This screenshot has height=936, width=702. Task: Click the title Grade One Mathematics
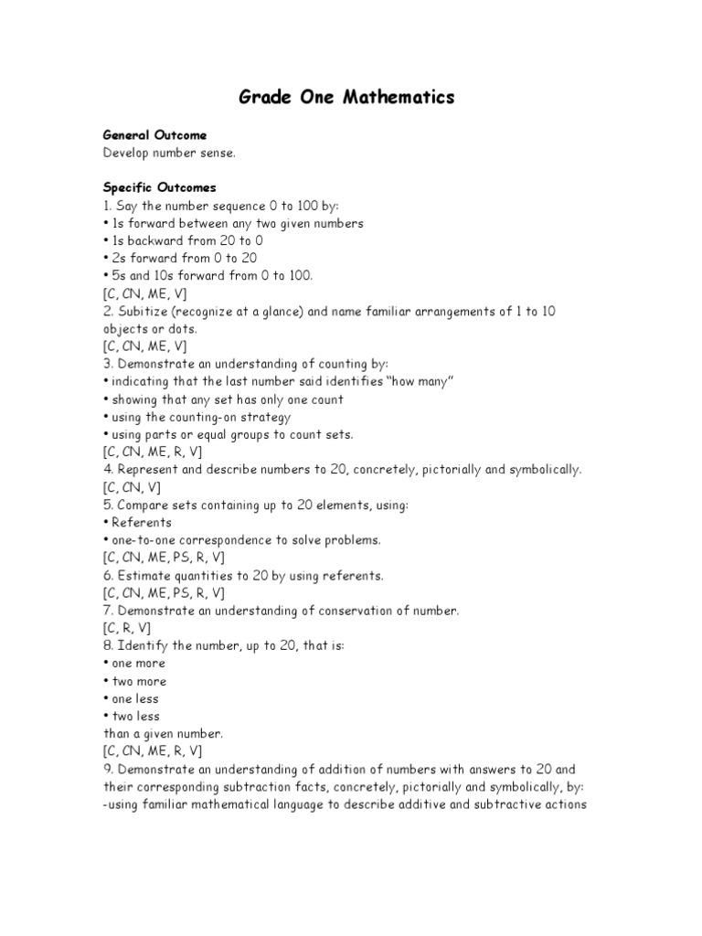[x=346, y=97]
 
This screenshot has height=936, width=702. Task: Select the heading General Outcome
[x=154, y=135]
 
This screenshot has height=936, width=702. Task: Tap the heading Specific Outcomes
[x=159, y=187]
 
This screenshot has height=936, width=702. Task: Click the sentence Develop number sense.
[x=169, y=153]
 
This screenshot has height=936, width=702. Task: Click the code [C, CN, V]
[x=133, y=487]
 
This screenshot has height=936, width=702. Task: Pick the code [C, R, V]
[x=127, y=628]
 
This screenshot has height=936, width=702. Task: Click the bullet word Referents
[x=141, y=523]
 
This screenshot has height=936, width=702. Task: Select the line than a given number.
[x=163, y=734]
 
